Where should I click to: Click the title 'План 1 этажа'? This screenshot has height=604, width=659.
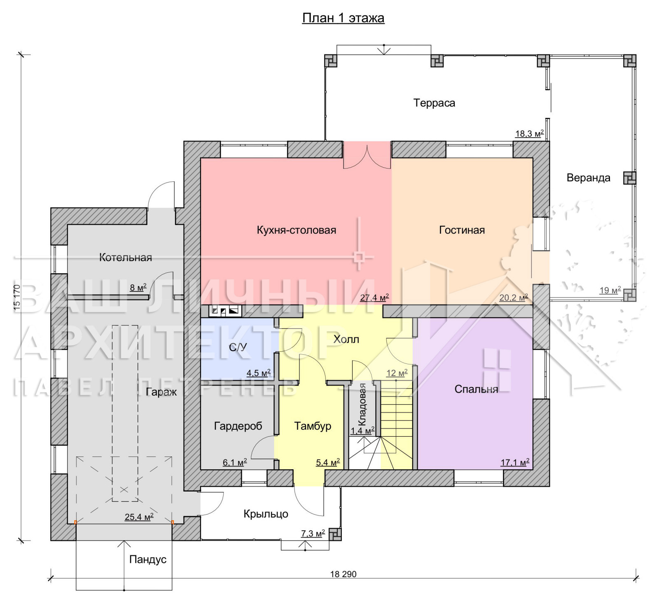point(343,18)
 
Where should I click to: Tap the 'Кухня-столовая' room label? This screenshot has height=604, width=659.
point(297,230)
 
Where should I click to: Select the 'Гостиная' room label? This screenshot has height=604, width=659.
point(462,230)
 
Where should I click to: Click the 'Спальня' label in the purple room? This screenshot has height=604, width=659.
point(476,389)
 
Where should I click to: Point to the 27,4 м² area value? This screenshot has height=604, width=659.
point(374,297)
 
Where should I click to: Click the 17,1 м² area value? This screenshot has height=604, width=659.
point(515,462)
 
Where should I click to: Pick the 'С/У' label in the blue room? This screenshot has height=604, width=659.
point(238,347)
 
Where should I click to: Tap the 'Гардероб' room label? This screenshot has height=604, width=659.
point(238,426)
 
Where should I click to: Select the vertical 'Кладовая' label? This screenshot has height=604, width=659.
point(362,404)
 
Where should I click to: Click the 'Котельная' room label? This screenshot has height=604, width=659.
point(126,258)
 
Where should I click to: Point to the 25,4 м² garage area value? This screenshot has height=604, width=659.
point(139,517)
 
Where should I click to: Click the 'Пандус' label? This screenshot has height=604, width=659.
point(148,560)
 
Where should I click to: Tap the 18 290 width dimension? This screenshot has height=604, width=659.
point(343,574)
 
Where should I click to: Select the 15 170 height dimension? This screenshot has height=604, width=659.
point(17,297)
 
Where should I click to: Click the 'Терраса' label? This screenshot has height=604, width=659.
point(434,103)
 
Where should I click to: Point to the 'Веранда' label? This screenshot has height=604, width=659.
point(589,178)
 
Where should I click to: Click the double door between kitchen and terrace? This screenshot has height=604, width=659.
point(367,156)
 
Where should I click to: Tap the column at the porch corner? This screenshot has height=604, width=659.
point(335,534)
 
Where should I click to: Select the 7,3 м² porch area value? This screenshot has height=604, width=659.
point(313,534)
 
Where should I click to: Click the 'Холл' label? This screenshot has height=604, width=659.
point(346,339)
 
